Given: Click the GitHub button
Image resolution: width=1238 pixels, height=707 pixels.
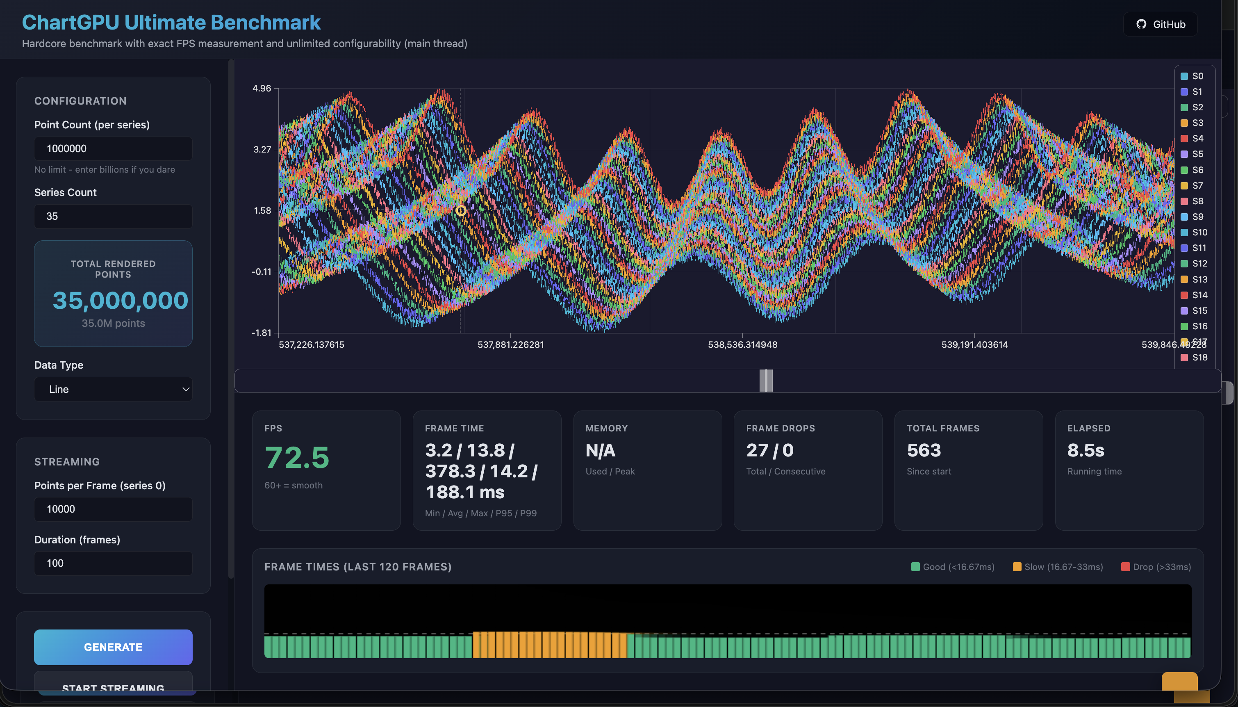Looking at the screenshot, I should coord(1161,24).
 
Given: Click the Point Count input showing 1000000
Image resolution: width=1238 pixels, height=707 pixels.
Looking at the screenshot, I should coord(113,148).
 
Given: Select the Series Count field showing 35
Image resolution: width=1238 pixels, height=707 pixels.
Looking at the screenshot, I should coord(113,216).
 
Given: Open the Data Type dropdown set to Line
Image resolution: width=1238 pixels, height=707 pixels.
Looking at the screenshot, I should coord(113,389).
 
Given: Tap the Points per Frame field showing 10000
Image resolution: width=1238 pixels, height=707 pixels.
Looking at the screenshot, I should coord(113,509).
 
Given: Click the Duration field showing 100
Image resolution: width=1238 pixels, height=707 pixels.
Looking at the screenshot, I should coord(113,563).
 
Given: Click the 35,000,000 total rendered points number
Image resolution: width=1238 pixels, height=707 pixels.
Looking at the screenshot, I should coord(120,300).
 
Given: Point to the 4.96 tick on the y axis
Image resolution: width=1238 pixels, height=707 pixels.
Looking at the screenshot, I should coord(262,89).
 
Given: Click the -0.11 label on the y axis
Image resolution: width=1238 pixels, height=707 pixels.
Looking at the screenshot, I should coord(262,271).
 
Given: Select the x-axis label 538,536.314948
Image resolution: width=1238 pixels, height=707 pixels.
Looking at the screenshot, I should coord(742,344).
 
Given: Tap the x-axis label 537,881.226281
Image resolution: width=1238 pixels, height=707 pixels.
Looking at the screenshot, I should coord(510,344).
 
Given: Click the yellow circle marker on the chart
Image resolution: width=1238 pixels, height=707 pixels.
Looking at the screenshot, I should coord(460,210).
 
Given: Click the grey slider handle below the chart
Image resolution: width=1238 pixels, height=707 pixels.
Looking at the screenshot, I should coord(766,380).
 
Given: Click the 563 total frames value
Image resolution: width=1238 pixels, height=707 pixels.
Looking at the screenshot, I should coord(924,450).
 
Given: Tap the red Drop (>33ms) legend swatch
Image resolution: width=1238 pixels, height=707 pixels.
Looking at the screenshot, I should coord(1125,567).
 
